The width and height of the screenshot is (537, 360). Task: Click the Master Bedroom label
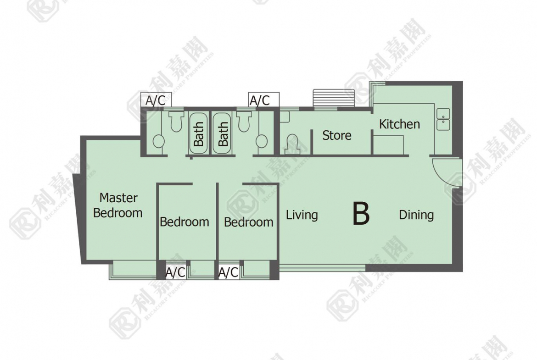pos(118,205)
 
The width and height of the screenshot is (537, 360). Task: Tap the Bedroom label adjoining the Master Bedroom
pos(184,222)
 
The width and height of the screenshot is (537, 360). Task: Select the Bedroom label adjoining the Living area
pos(249,222)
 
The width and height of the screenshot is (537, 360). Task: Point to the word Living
pos(302,215)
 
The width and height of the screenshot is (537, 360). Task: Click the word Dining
pos(416,215)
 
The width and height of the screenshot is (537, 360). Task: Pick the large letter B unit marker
pos(361,214)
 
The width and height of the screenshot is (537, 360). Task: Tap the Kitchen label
pos(399,124)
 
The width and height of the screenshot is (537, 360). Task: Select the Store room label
pos(336,135)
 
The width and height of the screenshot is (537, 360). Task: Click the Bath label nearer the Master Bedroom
pos(199,134)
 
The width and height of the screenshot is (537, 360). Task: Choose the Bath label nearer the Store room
pos(224,134)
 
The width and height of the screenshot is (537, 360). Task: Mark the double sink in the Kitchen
pos(443,119)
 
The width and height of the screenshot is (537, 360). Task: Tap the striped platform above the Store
pos(334,98)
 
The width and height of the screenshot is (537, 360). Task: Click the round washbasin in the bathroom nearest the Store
pos(262,141)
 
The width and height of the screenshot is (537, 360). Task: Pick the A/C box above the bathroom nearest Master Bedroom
pos(156,100)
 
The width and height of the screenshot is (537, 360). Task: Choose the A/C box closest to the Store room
pos(264,100)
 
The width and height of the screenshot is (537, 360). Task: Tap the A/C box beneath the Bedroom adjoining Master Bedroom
pos(175,272)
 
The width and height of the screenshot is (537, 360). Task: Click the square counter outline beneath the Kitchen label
pos(388,145)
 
